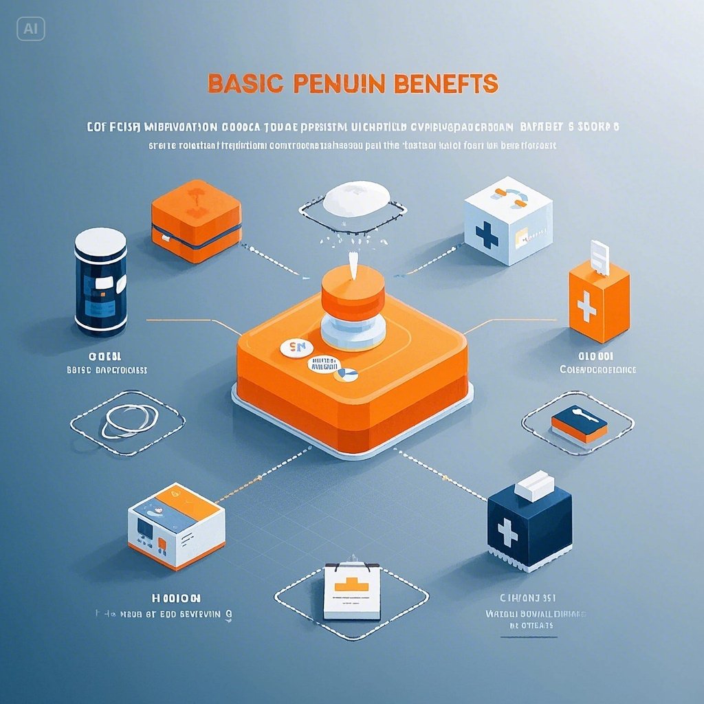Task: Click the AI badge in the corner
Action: click(x=30, y=28)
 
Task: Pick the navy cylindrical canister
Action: click(x=100, y=282)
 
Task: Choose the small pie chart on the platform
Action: click(x=345, y=375)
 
